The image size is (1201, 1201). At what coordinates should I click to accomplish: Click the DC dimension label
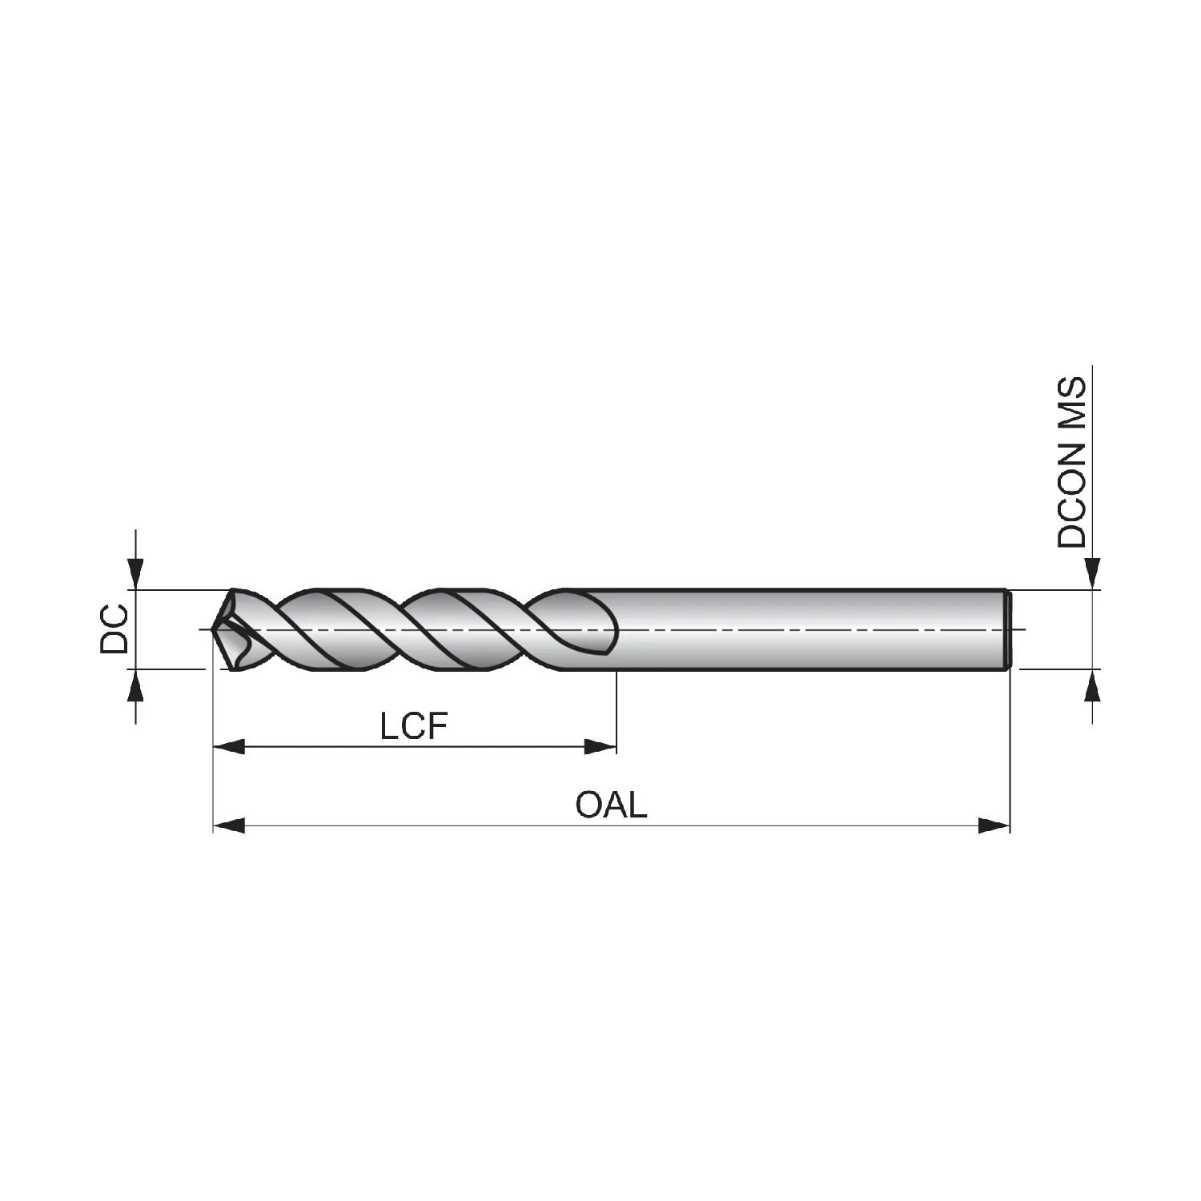pos(114,629)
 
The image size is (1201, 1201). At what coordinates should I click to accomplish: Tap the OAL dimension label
pos(611,805)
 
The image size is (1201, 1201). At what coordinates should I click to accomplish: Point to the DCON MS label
pos(1072,462)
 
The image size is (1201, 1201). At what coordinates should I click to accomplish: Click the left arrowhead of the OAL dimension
pos(229,825)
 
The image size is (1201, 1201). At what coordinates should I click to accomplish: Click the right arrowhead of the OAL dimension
pos(994,825)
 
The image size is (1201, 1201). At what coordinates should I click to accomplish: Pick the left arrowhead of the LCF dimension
pos(229,747)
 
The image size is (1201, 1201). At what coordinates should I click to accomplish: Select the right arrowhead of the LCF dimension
pos(600,747)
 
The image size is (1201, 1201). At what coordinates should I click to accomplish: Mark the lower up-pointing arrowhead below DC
pos(137,685)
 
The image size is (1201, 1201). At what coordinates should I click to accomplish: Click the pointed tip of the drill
pos(214,629)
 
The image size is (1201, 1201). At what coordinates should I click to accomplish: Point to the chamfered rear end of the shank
pos(1007,629)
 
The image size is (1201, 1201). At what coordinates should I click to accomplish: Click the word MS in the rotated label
pos(1072,399)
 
